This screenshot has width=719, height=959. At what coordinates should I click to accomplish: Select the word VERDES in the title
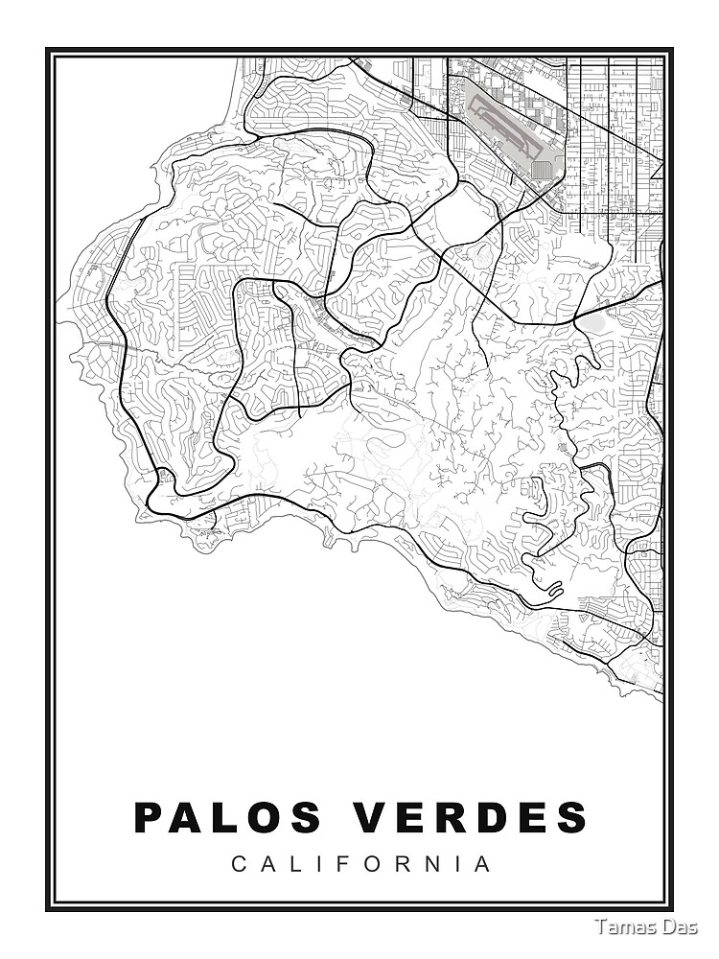(471, 817)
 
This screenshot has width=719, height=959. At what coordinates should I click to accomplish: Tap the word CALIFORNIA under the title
(361, 864)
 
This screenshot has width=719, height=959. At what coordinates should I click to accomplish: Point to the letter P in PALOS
(150, 817)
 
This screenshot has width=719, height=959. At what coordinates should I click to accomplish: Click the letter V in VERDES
(374, 817)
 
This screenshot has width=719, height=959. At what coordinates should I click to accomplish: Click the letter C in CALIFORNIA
(238, 864)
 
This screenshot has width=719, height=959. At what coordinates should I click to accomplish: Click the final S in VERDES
(571, 817)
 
